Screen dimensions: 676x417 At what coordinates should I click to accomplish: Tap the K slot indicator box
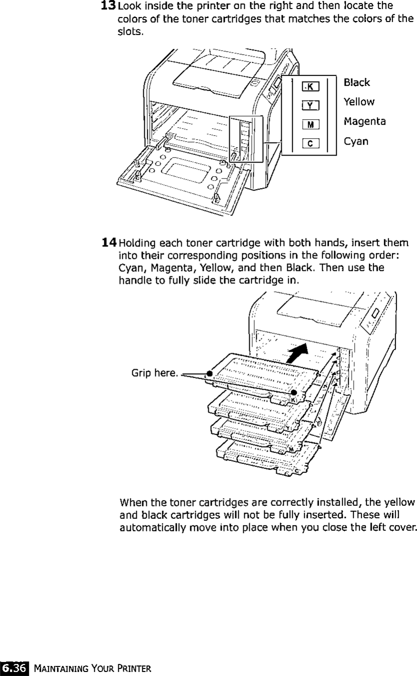(310, 87)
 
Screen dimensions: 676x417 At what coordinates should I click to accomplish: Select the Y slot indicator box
(310, 105)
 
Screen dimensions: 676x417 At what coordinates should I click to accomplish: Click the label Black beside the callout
(357, 82)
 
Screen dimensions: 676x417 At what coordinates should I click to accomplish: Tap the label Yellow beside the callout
(359, 102)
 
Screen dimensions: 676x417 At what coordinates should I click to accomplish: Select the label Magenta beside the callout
(365, 122)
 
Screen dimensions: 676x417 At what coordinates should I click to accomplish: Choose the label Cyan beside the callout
(356, 141)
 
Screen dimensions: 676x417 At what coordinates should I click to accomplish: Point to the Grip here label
(154, 373)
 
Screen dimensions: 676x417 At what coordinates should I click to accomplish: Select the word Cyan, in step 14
(130, 268)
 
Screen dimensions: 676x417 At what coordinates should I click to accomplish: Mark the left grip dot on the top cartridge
(210, 373)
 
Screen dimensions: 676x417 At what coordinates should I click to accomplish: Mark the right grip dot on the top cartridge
(294, 392)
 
